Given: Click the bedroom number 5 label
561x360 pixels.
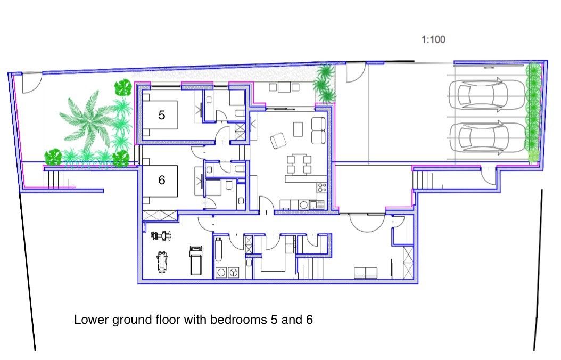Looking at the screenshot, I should [161, 114].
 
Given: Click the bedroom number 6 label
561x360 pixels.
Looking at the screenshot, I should [161, 180].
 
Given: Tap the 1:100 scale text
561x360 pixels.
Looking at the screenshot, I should [433, 39].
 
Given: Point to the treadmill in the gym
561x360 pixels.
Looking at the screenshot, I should [196, 260].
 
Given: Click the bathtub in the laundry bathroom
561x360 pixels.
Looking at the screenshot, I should [219, 250].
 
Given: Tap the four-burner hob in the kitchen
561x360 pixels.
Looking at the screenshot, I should [321, 187].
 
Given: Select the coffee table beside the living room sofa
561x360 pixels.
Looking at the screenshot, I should [298, 129].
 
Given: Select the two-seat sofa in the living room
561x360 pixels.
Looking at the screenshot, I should [318, 130].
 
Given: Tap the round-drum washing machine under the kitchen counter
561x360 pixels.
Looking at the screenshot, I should [303, 204].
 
